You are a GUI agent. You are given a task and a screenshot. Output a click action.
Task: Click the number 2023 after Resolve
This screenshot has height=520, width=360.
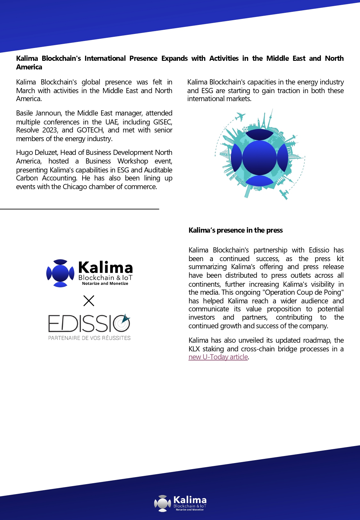[50, 130]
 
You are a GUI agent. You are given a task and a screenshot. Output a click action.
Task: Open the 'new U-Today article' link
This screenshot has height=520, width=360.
[218, 357]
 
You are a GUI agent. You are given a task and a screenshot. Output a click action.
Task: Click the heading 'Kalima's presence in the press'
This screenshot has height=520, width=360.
[236, 230]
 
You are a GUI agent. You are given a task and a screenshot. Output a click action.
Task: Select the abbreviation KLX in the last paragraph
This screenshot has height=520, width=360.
[194, 349]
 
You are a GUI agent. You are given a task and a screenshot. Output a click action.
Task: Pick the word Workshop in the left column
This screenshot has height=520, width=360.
[133, 161]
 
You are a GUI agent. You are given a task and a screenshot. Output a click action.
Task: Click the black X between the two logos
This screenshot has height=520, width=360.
[89, 301]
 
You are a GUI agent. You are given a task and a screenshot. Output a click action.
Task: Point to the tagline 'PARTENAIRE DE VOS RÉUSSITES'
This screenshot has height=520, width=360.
[89, 338]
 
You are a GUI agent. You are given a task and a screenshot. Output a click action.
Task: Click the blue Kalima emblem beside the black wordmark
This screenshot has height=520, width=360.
[60, 273]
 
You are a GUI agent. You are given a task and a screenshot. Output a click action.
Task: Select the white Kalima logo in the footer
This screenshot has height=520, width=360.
[180, 503]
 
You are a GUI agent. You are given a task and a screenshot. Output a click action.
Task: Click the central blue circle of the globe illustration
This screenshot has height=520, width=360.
[259, 157]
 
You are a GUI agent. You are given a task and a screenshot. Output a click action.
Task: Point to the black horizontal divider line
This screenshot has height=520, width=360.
[79, 209]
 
